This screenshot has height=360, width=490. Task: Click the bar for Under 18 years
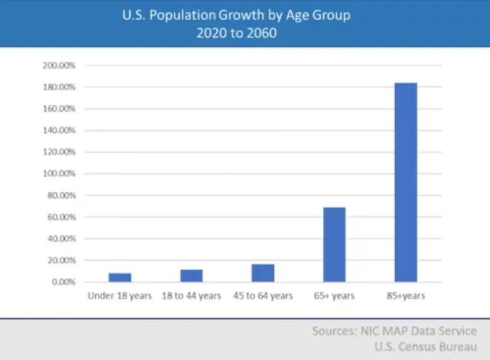120,277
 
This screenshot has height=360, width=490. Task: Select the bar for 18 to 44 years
192,276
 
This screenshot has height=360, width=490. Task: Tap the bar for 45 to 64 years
263,273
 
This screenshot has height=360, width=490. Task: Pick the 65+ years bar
335,245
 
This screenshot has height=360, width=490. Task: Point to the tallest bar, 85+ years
406,182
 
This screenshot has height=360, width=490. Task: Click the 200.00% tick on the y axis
59,66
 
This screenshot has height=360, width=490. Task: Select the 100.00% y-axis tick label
59,174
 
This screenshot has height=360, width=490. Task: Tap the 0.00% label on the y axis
63,282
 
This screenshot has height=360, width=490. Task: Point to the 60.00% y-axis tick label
61,217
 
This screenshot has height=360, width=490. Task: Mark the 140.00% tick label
59,130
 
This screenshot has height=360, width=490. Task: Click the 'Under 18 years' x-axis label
120,296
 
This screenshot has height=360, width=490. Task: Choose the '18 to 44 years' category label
191,296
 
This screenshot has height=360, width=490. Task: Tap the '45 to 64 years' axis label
263,296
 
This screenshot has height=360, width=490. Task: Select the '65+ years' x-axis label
335,296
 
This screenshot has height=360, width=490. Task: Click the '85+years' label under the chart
406,296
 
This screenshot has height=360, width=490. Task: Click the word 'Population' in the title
183,15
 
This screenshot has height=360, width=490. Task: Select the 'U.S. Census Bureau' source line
426,347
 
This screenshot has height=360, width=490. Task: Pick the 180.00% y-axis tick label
59,87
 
